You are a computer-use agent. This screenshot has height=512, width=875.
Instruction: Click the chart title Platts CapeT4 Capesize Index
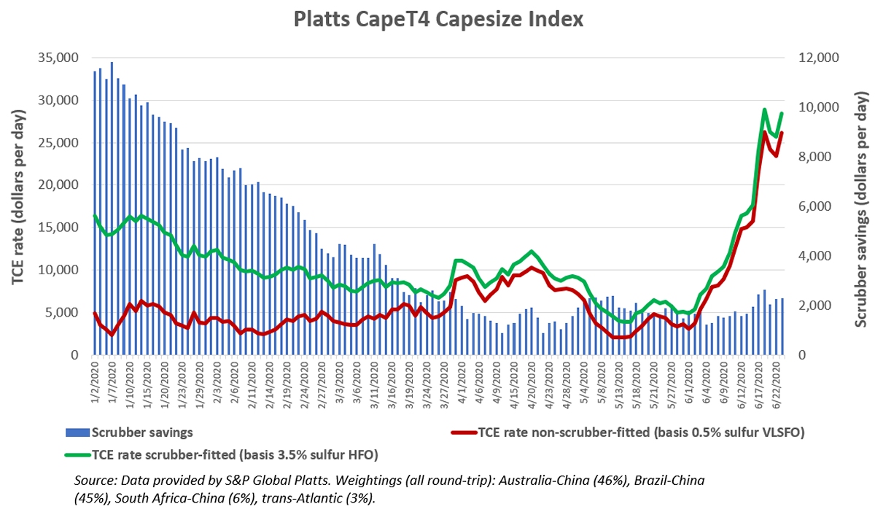(x=438, y=20)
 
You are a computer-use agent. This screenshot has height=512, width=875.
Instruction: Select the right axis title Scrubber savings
(x=861, y=206)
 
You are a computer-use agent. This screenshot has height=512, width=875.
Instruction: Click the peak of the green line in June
(x=764, y=110)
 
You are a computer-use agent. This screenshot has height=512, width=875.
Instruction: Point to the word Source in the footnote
(x=93, y=482)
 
